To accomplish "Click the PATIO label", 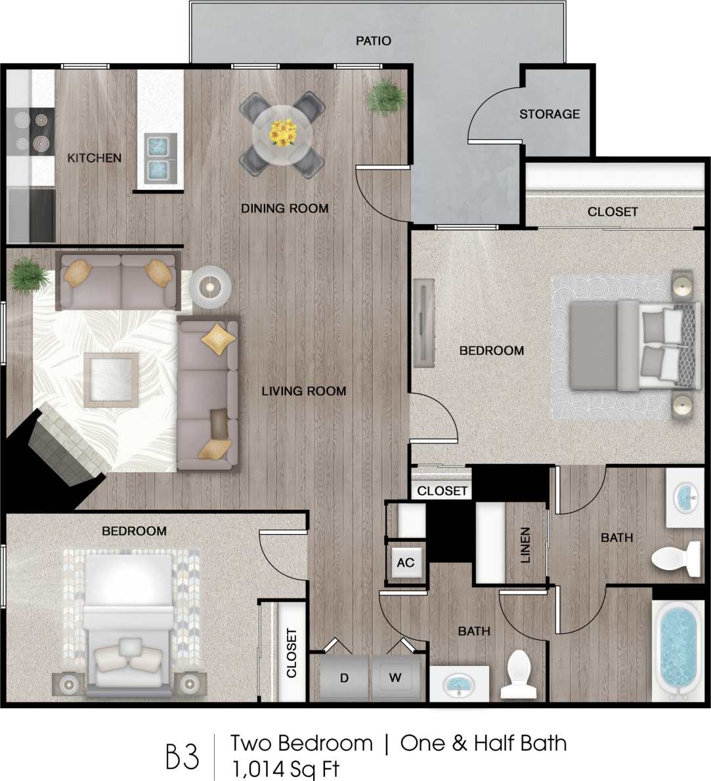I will coord(374,41).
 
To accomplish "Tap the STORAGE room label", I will coord(549,114).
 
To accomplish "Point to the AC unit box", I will coord(406,562).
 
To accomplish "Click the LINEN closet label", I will coord(525,545).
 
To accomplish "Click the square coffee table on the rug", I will coord(110,379).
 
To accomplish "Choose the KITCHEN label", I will coord(95,158).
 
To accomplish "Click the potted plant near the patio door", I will coord(385,97).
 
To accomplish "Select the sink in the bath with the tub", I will coord(686,499).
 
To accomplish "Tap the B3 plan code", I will coord(182,757).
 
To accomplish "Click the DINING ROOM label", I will coord(284,208).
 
